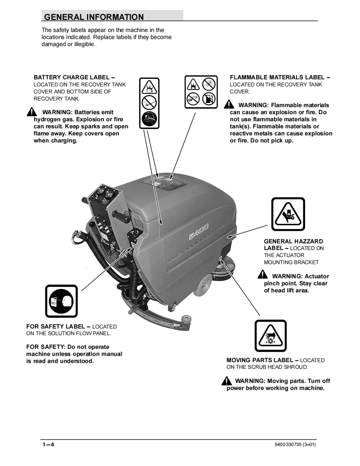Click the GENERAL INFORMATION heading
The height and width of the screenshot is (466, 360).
94,17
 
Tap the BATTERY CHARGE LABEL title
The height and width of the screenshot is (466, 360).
74,77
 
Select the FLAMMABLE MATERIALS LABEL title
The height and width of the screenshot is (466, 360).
280,77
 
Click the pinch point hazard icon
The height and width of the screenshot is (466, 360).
288,214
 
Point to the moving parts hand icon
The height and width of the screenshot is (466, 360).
270,336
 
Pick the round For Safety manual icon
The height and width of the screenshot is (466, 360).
61,301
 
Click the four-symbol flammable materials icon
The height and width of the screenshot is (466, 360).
200,92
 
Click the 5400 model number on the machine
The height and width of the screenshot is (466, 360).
198,232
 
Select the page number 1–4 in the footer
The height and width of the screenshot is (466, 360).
48,445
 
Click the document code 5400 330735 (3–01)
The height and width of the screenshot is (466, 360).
295,445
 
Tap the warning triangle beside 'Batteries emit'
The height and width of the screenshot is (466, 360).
32,112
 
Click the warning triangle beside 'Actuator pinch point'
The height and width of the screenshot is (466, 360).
263,275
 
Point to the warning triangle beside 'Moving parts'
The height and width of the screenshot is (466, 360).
227,380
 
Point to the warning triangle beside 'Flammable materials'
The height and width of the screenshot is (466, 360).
229,105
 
